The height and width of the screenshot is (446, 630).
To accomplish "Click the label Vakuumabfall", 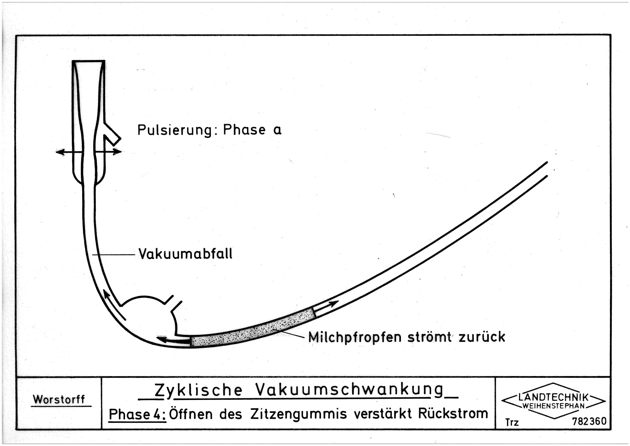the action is [186, 254].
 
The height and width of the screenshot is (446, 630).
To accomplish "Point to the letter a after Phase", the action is [277, 130].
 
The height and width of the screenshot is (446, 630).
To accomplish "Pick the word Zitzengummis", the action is [299, 414].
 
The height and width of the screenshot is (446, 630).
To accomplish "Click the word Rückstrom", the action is [453, 413].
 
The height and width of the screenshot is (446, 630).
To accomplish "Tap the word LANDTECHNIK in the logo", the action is [553, 397].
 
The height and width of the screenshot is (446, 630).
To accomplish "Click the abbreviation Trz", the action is [512, 422].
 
